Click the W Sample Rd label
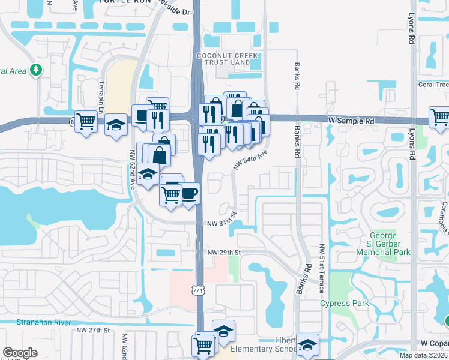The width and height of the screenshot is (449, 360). coord(352,121)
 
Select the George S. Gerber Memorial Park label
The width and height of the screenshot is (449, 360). coord(383,244)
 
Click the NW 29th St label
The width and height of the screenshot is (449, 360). coord(223,253)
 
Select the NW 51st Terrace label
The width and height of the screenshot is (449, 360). coord(322,268)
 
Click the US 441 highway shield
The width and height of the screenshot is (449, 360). coord(197,290)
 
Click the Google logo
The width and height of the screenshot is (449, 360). coord(20,353)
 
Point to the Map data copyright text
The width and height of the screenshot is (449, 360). coord(423,355)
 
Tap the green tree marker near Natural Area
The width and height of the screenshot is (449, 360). coord(37,70)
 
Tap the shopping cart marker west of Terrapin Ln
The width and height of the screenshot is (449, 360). coord(86,121)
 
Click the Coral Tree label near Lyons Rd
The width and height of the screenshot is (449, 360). coord(433,85)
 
